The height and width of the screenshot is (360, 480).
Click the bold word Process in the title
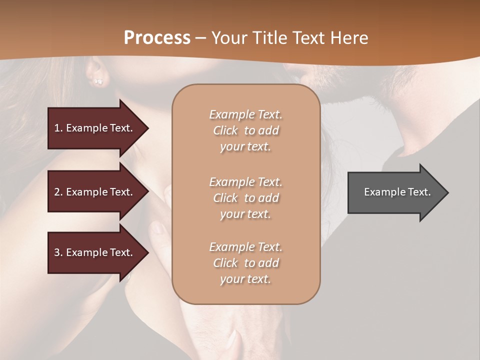click(157, 37)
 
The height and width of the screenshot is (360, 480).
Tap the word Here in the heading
click(348, 37)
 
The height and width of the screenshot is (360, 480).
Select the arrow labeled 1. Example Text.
click(95, 128)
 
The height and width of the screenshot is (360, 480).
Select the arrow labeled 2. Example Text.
click(95, 192)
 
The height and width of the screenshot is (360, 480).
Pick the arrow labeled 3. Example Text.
click(95, 252)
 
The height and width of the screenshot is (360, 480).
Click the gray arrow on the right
click(395, 192)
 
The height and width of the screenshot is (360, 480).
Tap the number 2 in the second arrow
click(57, 192)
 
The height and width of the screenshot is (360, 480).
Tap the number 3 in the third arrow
click(57, 252)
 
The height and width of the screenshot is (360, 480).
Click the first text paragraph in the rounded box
click(245, 130)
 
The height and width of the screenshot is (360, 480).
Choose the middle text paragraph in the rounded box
click(245, 198)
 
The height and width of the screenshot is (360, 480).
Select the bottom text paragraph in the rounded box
click(245, 263)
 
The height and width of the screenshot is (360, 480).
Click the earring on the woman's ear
click(98, 81)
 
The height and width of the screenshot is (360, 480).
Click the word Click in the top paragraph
click(225, 130)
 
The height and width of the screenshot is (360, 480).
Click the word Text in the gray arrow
click(418, 192)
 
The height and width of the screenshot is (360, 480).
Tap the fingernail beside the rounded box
click(160, 228)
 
